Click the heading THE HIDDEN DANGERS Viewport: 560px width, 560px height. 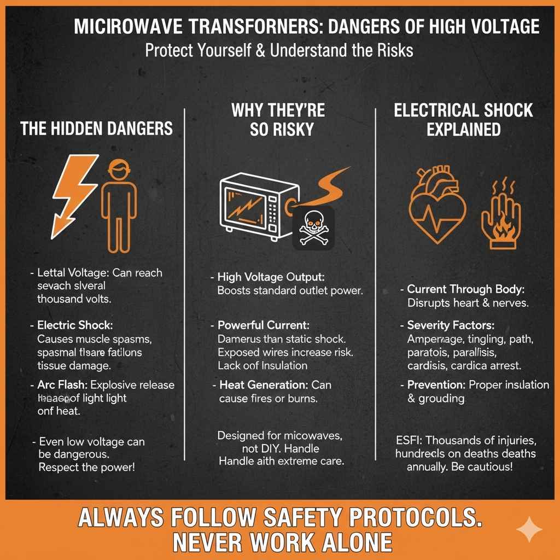click(x=96, y=129)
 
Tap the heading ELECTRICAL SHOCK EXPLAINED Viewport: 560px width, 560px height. click(x=463, y=120)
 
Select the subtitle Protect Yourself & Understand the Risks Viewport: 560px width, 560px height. click(x=279, y=50)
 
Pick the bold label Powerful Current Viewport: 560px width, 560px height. click(x=256, y=325)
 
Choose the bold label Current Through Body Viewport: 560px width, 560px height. click(x=469, y=289)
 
